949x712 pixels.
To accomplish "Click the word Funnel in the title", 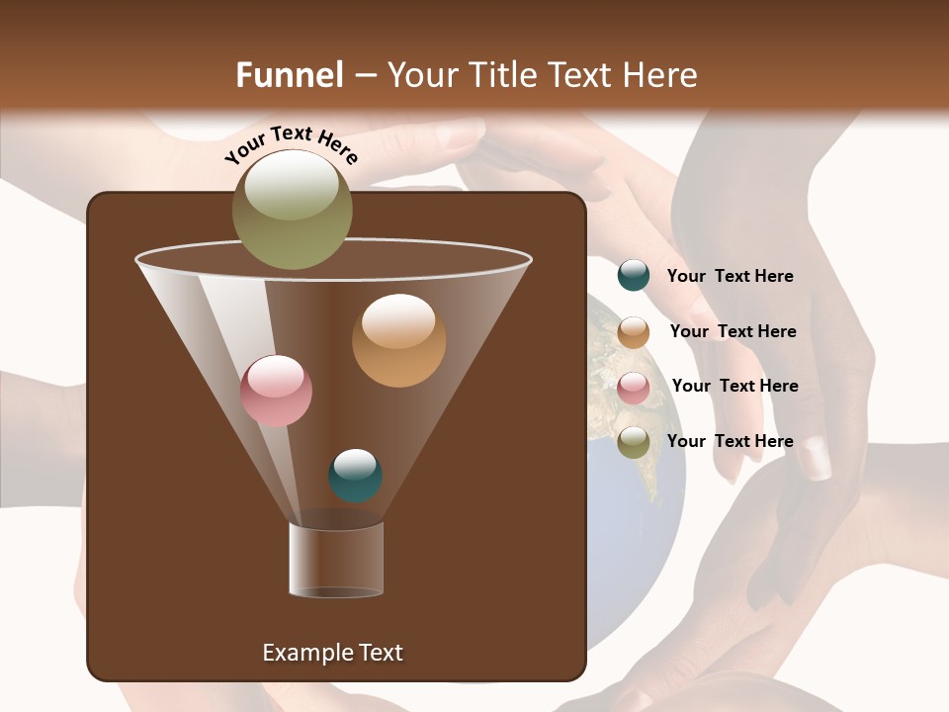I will click(x=289, y=74).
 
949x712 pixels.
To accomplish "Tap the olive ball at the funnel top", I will click(x=293, y=210).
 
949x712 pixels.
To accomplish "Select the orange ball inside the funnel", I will click(x=398, y=340).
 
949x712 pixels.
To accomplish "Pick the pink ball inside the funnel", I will click(x=276, y=391).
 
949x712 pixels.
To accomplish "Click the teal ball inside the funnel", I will click(x=355, y=476).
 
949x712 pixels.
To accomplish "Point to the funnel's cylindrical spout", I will click(x=336, y=560).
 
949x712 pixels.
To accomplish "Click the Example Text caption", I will click(x=333, y=653).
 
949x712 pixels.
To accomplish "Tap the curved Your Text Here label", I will click(x=292, y=145).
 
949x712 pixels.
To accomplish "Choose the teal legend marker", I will click(x=634, y=276).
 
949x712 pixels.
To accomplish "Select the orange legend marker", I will click(x=634, y=332).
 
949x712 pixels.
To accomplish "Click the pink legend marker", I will click(x=634, y=388).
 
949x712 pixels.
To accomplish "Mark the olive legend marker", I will click(x=634, y=442).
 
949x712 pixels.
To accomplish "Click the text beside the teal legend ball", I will click(x=730, y=277).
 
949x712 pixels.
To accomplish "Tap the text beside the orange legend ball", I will click(x=733, y=332).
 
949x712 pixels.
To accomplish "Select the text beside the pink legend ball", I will click(x=734, y=387).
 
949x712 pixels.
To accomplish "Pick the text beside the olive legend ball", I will click(x=730, y=442).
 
